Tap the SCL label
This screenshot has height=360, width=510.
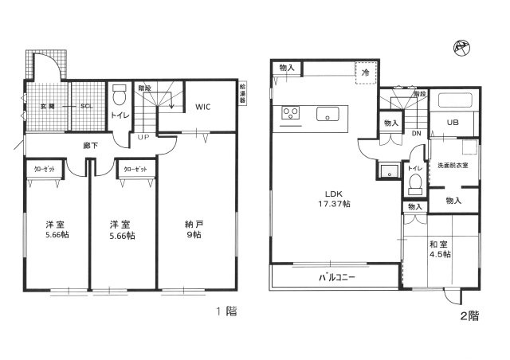point(84,105)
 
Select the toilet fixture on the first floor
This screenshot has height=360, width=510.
point(118,98)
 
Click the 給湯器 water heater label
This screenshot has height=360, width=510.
point(242,96)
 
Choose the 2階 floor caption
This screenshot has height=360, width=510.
point(469,315)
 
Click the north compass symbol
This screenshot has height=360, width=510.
point(462,47)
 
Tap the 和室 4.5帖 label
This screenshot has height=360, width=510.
point(437,249)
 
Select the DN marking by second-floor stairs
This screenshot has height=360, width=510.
point(416,134)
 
